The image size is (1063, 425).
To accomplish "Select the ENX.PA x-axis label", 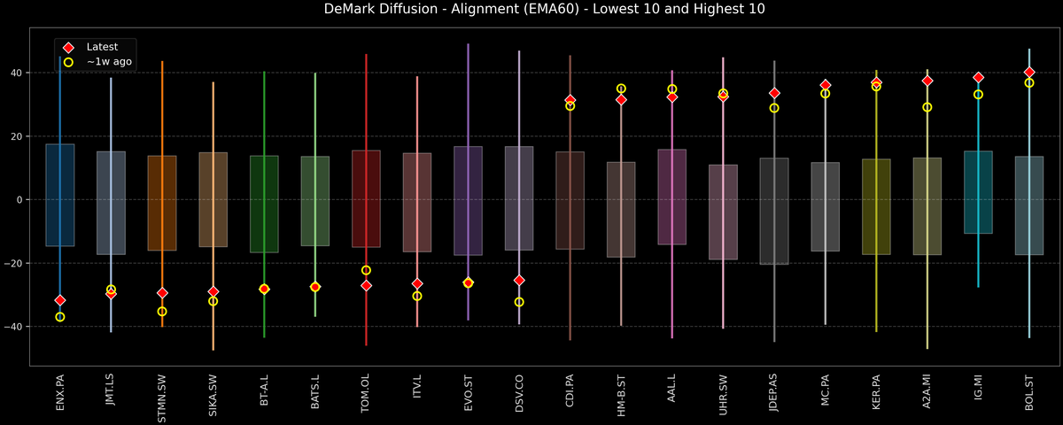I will (x=59, y=393).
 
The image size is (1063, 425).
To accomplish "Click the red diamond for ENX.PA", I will (x=59, y=301).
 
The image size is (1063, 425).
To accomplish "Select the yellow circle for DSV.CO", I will (x=519, y=302).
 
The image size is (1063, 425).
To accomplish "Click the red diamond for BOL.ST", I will (x=1029, y=72).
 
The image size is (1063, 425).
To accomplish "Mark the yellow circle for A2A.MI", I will (x=927, y=107).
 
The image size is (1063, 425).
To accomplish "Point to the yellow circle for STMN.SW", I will (x=162, y=312).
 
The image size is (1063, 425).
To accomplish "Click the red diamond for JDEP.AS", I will (x=774, y=93).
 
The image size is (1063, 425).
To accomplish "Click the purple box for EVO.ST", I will (x=468, y=201).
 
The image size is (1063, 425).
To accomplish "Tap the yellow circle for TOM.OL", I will (x=366, y=270).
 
